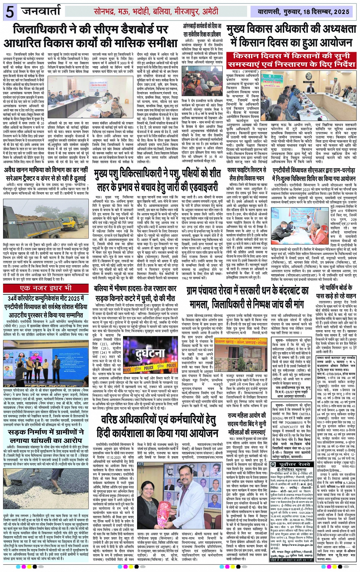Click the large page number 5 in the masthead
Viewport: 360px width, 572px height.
pyautogui.click(x=10, y=12)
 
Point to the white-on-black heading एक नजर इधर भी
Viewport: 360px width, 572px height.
pyautogui.click(x=46, y=288)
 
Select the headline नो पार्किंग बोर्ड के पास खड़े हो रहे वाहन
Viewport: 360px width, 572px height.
pyautogui.click(x=332, y=292)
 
